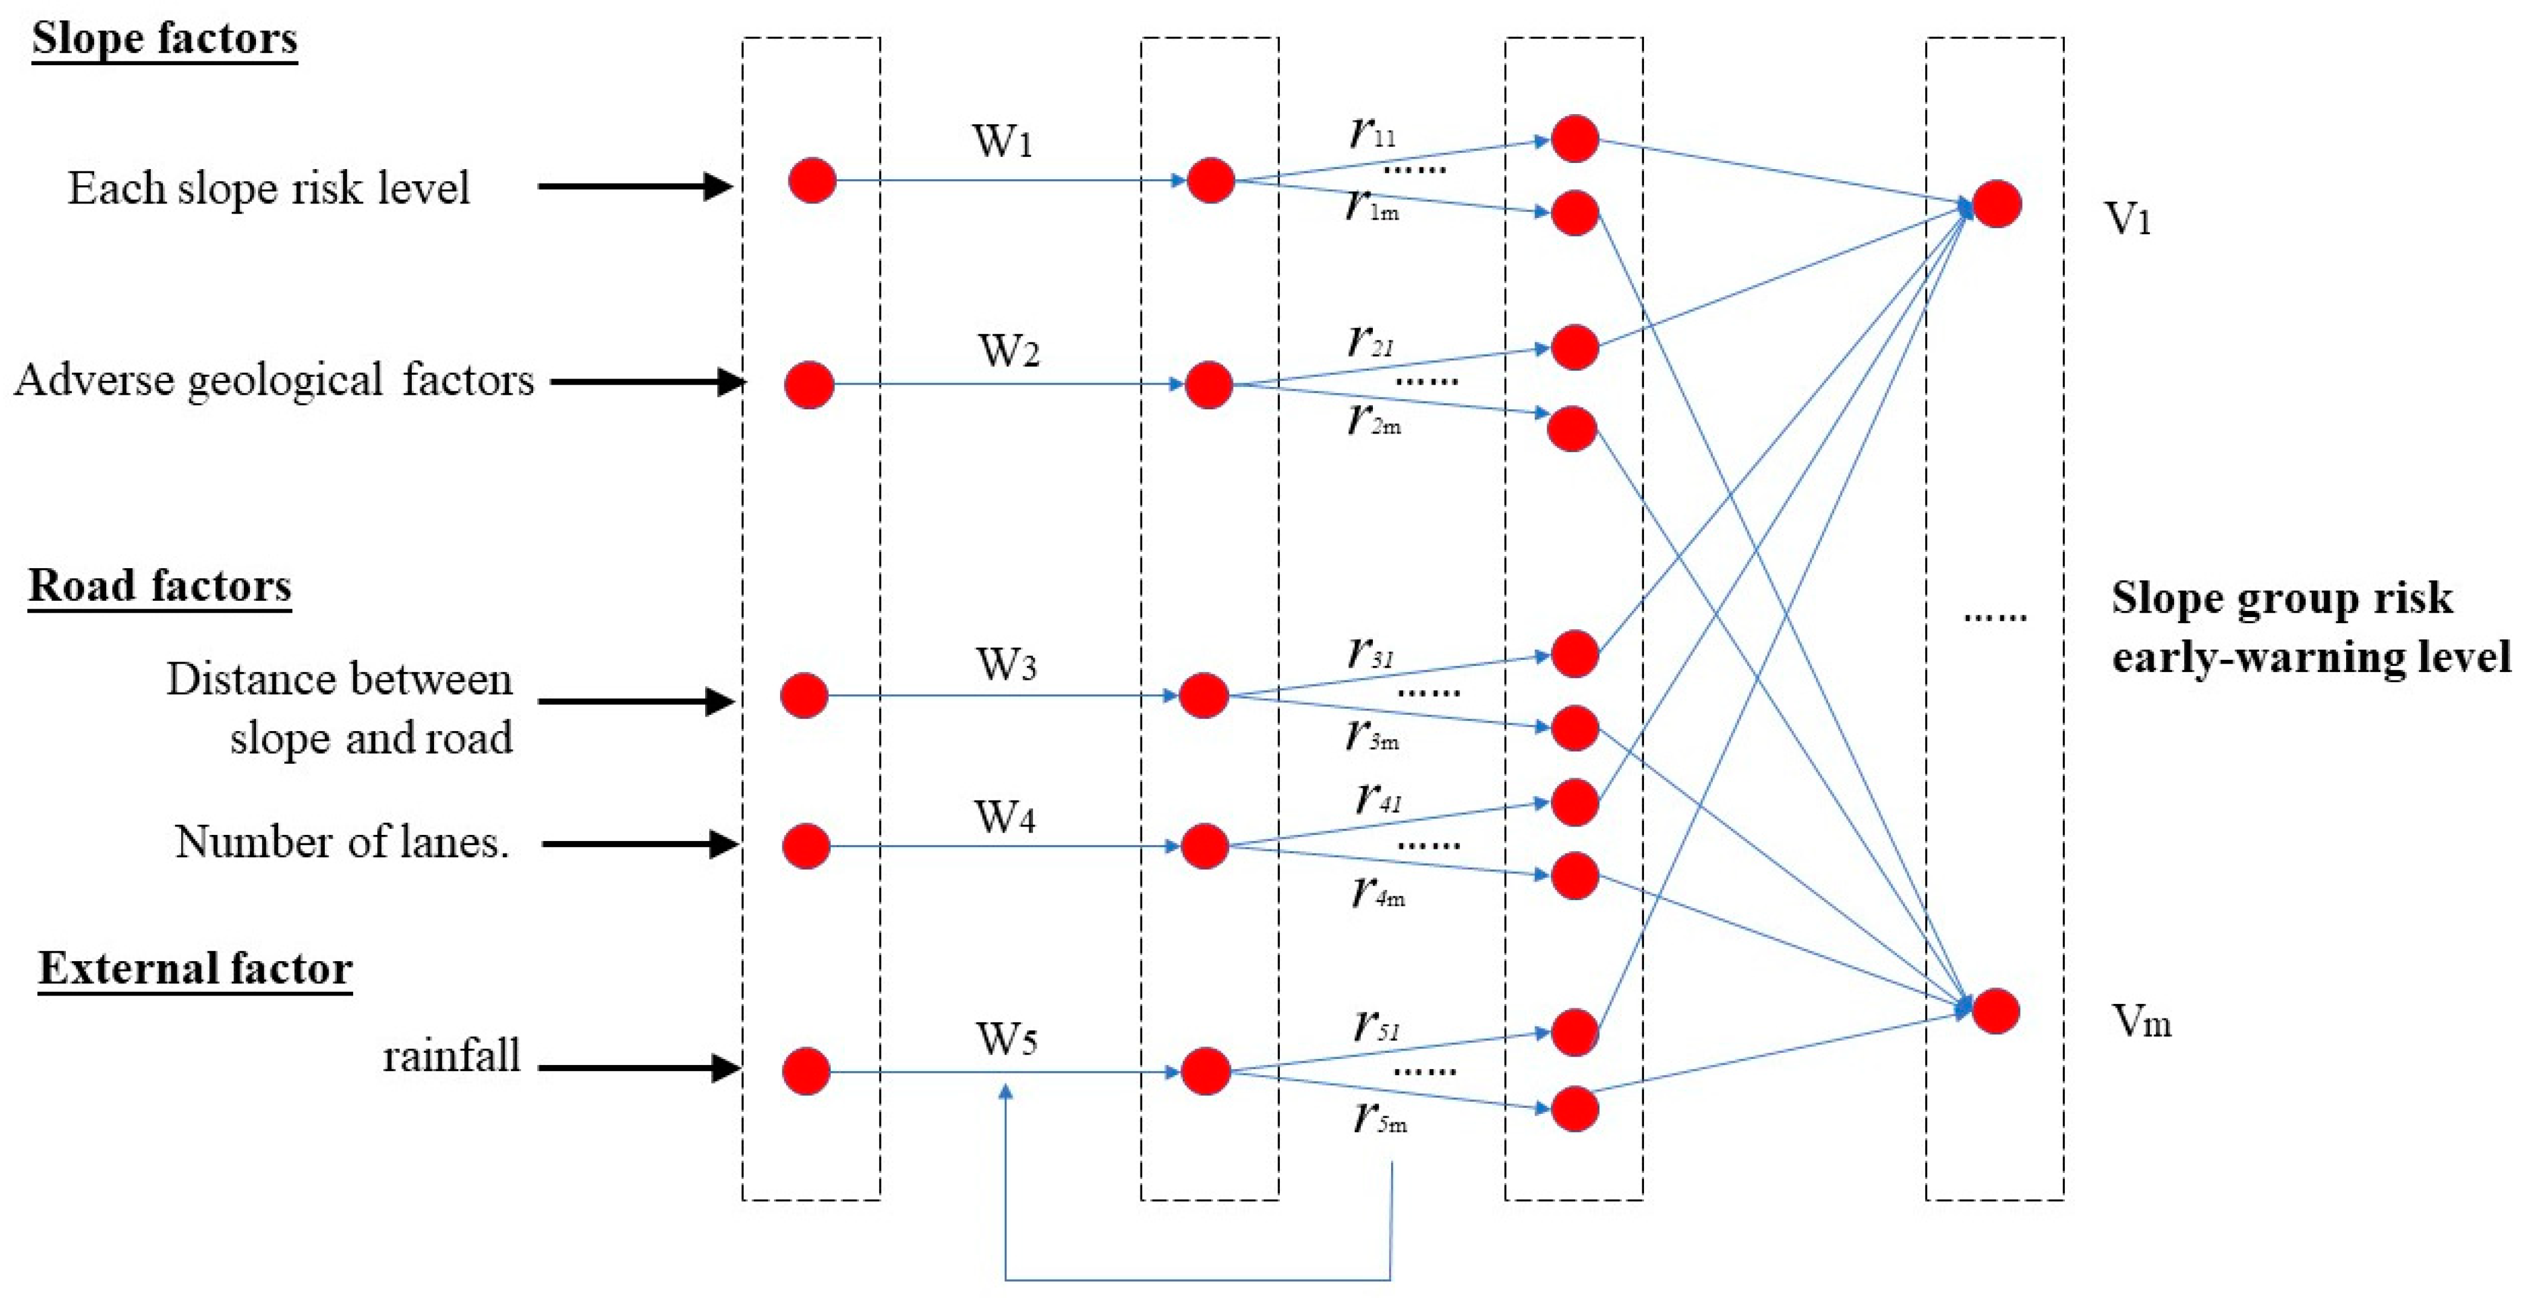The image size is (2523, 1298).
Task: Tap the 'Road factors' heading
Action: [x=159, y=586]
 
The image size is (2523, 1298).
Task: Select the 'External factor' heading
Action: [x=195, y=969]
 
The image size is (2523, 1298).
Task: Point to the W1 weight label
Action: [x=1002, y=141]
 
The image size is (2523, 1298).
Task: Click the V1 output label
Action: [x=2128, y=219]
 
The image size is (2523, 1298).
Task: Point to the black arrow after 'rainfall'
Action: [x=639, y=1068]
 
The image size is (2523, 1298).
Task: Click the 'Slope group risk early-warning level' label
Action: [x=2312, y=627]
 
